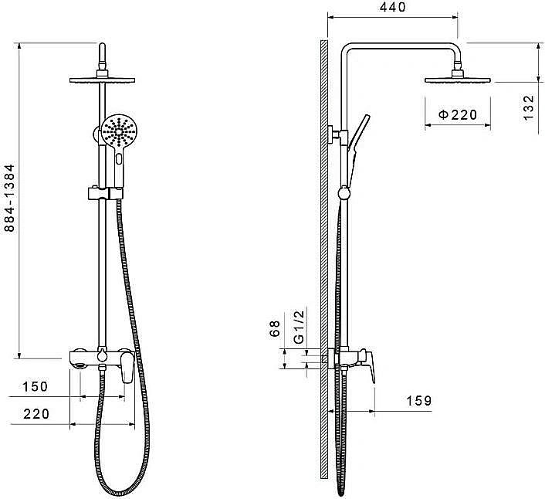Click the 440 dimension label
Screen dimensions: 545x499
[392, 7]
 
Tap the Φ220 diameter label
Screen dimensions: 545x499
[458, 114]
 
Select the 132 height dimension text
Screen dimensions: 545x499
[528, 107]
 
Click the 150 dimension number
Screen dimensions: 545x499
[35, 386]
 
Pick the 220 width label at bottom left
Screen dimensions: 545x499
[36, 414]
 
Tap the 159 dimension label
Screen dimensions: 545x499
[419, 401]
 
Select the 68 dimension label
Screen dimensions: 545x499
[275, 328]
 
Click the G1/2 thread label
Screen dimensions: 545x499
[299, 326]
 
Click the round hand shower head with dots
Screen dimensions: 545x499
[120, 131]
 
